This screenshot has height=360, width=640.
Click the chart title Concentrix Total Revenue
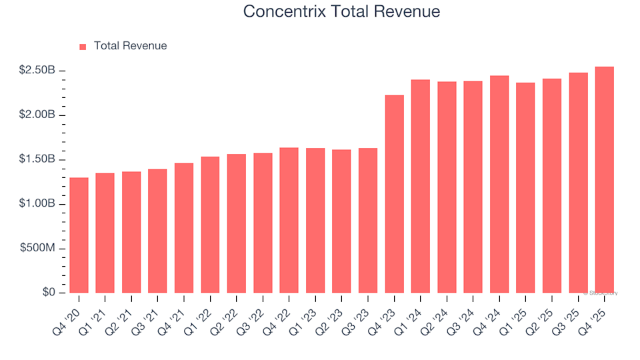341,11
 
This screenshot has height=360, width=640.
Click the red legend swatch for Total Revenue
83,47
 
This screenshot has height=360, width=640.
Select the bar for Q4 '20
79,235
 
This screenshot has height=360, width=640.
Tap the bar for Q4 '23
394,194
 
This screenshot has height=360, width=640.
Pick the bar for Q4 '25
604,180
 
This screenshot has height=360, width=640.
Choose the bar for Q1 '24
420,187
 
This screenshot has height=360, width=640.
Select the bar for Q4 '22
289,221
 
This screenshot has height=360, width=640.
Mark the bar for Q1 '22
210,225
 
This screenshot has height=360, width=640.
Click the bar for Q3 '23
368,221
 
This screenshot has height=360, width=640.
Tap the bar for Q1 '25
525,188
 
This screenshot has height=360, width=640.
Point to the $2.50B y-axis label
37,71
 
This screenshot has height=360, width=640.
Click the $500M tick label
39,249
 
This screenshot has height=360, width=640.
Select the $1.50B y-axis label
37,160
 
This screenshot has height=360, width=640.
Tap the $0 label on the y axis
48,293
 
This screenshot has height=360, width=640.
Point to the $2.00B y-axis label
37,115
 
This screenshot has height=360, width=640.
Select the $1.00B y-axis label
37,204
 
